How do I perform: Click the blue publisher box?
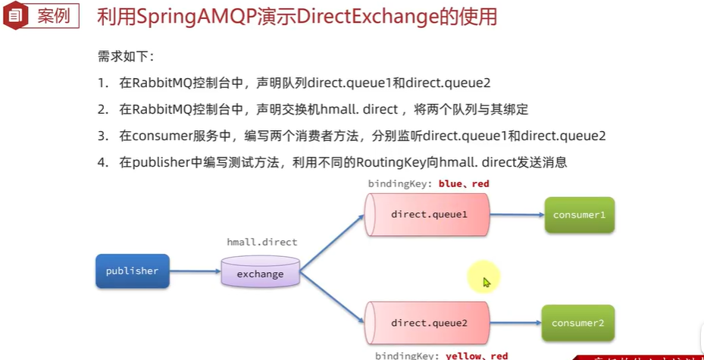coord(133,271)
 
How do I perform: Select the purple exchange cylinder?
coord(260,273)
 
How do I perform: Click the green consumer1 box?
coord(579,214)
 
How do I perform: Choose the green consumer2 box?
coord(577,323)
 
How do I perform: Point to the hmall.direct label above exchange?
coord(262,243)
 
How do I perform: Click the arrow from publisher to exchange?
coord(195,271)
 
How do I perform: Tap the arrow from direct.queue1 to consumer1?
coord(516,214)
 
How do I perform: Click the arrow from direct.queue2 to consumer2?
coord(515,323)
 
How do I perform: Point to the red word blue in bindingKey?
coord(451,183)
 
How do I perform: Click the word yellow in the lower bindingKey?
coord(463,355)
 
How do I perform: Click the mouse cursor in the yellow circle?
coord(486,282)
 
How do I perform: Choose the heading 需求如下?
coord(125,56)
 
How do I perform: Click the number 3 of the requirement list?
coord(102,136)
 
